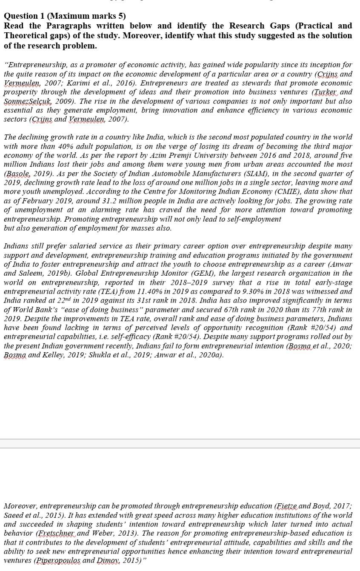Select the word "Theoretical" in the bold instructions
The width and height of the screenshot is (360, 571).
click(26, 36)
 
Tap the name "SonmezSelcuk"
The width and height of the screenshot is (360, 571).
click(25, 101)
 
